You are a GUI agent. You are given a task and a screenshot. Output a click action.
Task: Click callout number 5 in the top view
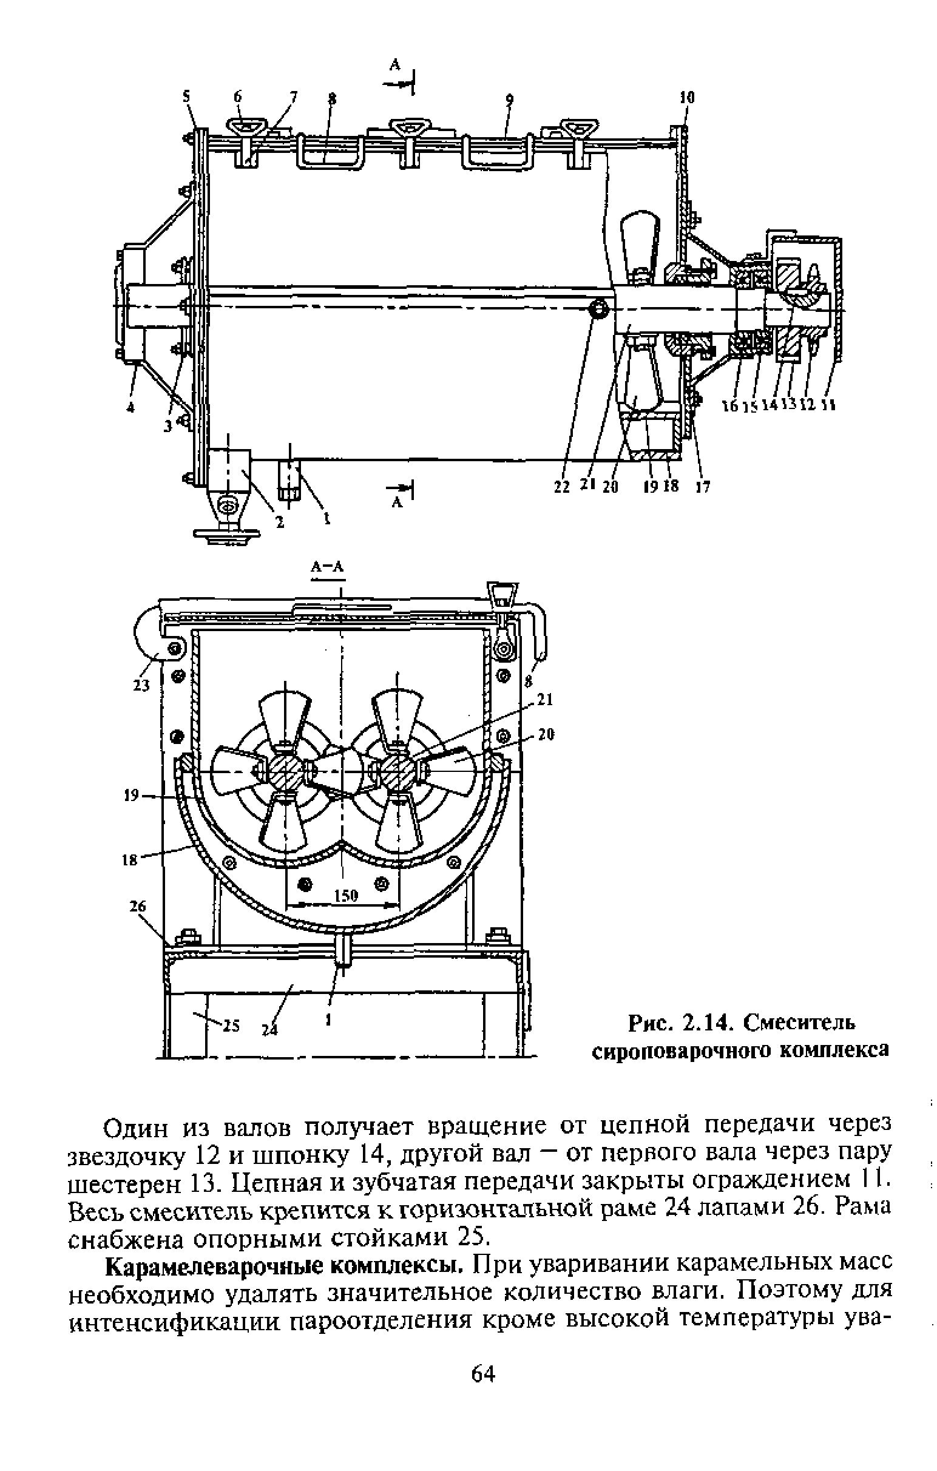187,96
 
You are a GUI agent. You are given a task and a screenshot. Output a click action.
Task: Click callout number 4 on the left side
130,408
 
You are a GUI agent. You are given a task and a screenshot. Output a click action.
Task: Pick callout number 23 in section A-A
142,685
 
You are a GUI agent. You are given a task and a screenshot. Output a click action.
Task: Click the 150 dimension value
346,896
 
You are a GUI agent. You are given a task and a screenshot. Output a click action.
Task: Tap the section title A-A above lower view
328,567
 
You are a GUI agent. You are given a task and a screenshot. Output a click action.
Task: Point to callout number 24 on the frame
269,1030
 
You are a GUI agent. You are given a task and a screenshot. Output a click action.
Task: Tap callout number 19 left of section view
131,796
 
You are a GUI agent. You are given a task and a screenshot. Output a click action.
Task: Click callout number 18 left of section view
129,861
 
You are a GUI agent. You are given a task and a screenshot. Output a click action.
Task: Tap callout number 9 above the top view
509,98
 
